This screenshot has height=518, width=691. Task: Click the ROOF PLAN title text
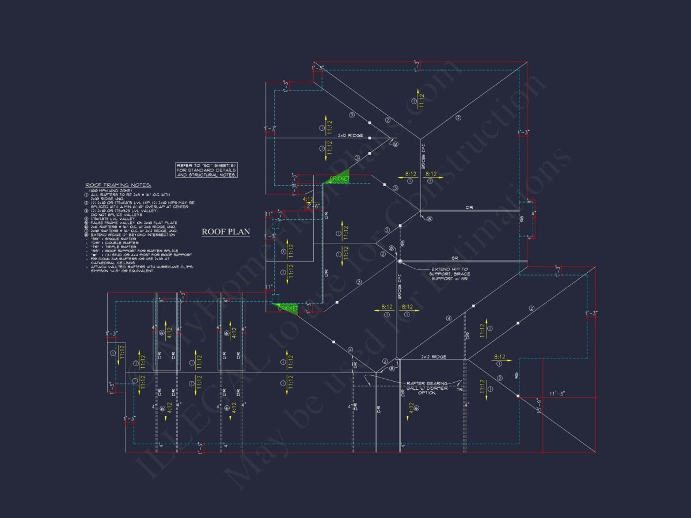pyautogui.click(x=226, y=232)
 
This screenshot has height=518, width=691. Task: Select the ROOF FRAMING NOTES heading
pyautogui.click(x=118, y=185)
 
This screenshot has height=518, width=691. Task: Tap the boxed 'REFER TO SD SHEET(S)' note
pyautogui.click(x=207, y=170)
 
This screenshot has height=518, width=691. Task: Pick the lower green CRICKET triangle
pyautogui.click(x=287, y=308)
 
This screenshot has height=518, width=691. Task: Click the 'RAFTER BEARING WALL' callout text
pyautogui.click(x=427, y=387)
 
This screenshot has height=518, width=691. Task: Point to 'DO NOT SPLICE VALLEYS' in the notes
pyautogui.click(x=116, y=215)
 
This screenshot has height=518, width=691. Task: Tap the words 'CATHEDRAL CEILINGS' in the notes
pyautogui.click(x=113, y=262)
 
